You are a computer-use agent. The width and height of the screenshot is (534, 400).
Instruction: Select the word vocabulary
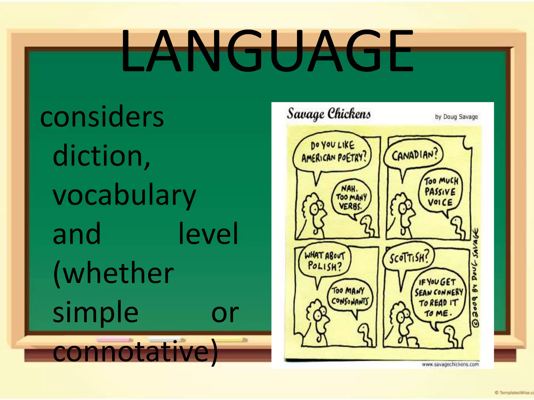coord(124,195)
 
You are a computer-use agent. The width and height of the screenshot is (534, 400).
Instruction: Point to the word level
coord(208,234)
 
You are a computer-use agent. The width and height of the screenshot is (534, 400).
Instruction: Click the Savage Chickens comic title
coord(329,114)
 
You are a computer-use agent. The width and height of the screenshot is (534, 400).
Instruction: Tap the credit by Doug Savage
coord(456,117)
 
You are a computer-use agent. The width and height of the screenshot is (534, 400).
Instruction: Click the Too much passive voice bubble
coord(440,192)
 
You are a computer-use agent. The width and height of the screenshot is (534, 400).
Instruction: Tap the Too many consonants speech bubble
coord(350,296)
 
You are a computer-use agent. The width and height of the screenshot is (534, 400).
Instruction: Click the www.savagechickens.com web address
coord(450,364)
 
